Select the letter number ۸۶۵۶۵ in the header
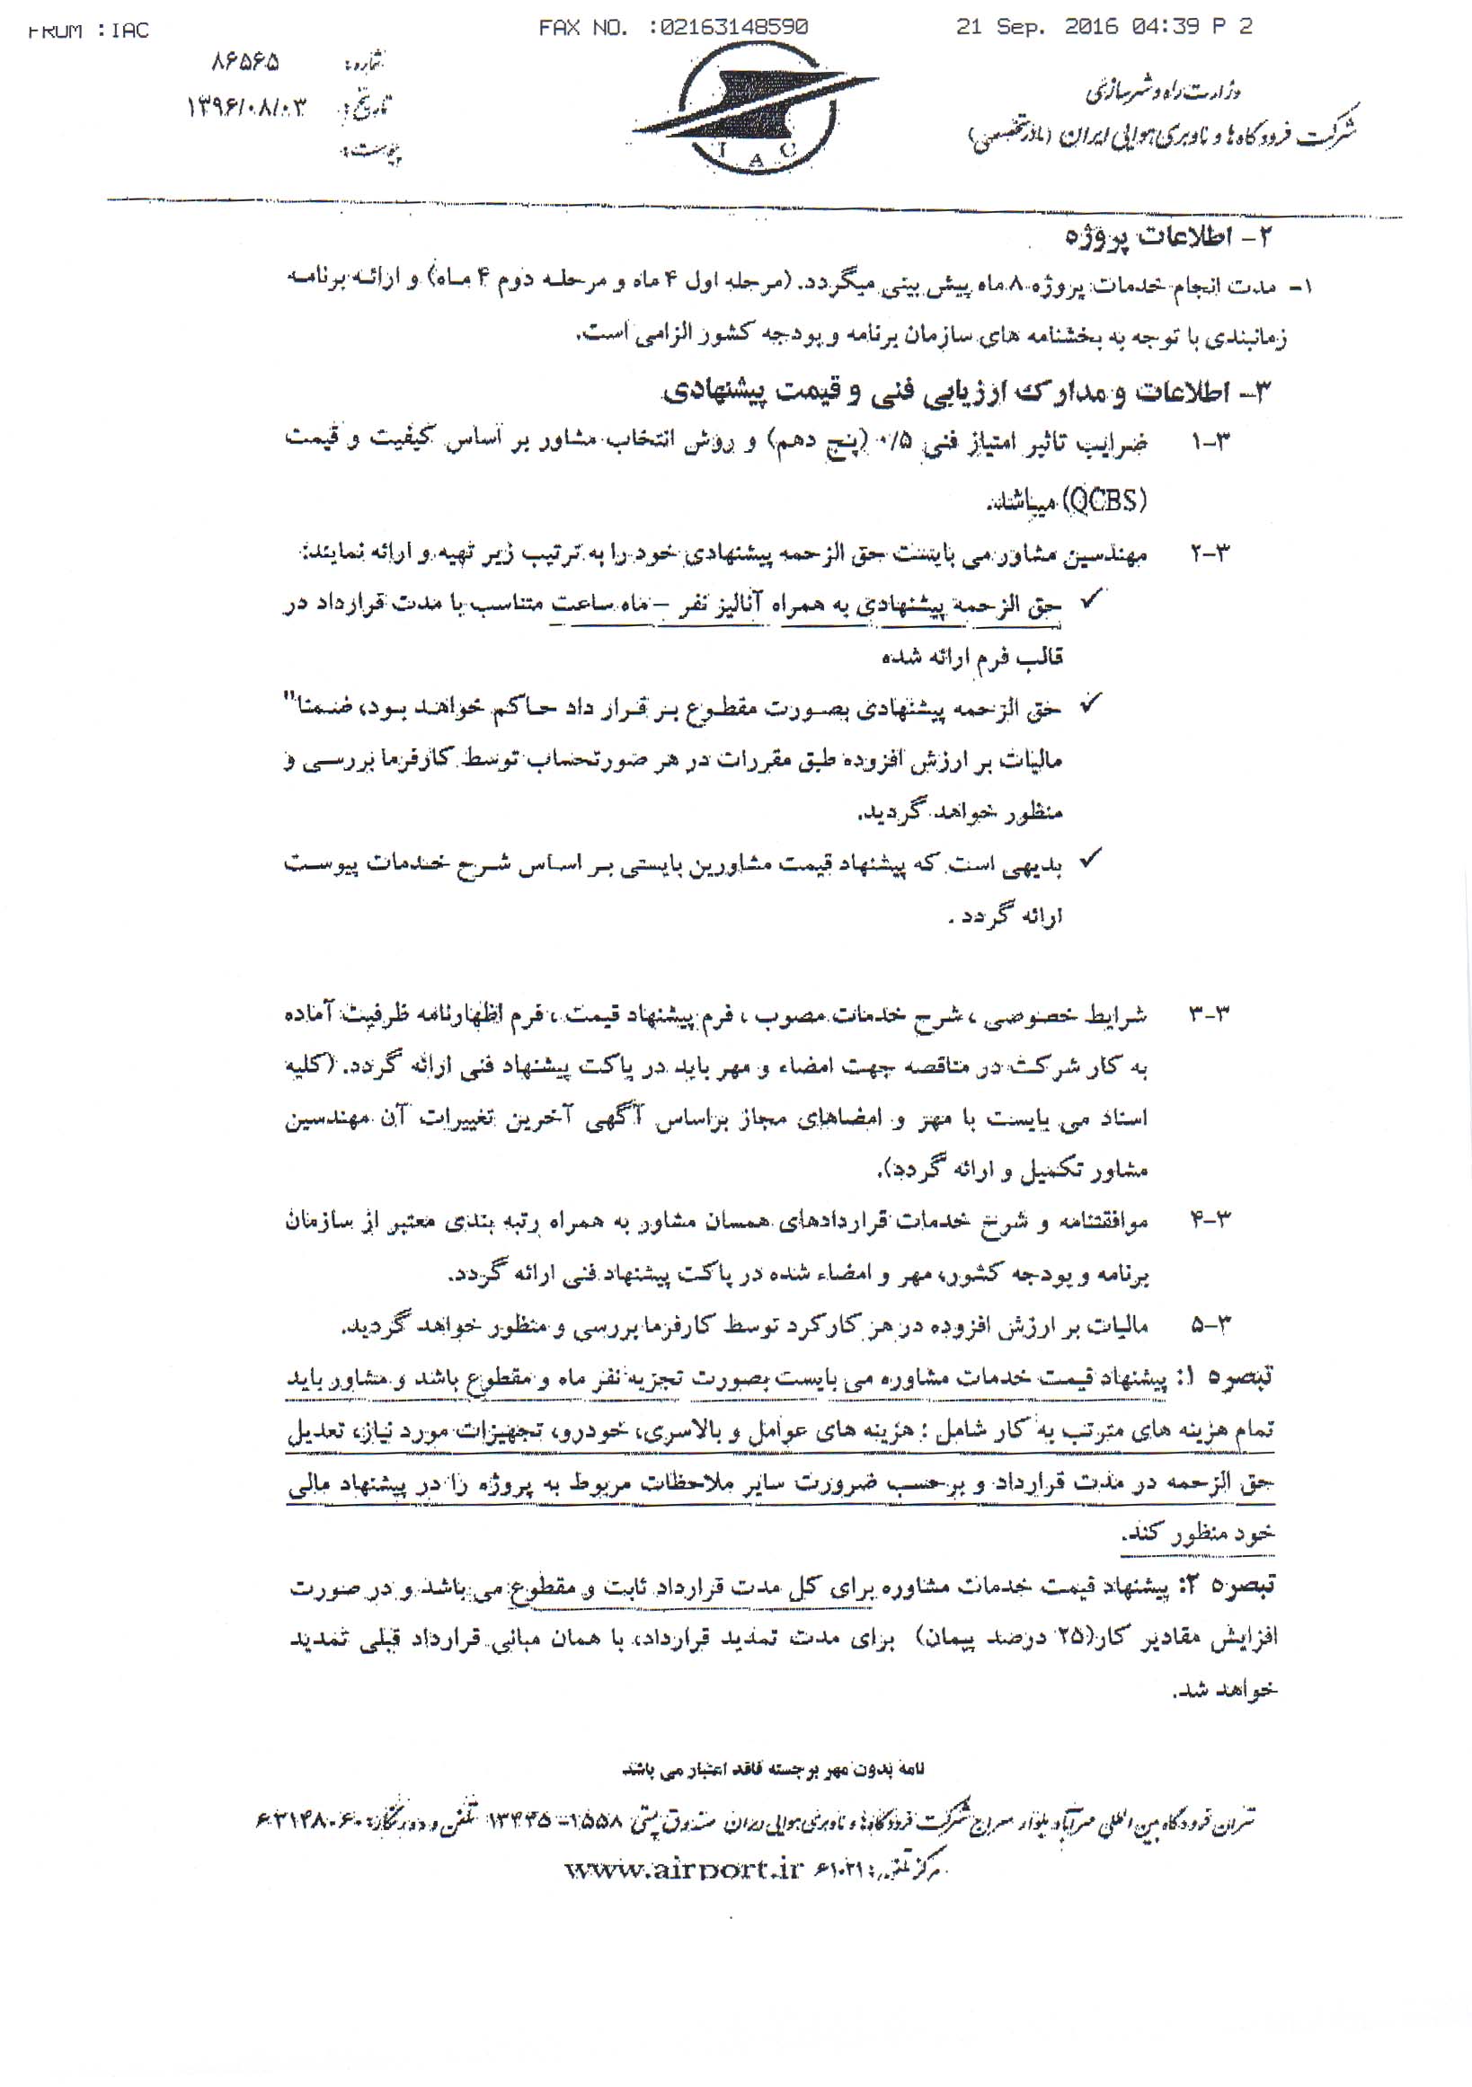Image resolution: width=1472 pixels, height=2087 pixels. pos(245,64)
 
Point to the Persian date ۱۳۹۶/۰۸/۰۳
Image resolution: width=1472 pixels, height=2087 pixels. pos(246,109)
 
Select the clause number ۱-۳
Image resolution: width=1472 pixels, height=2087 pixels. pos(1210,445)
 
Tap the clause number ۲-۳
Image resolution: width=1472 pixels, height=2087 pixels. pos(1210,553)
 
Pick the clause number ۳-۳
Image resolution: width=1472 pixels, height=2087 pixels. pos(1210,1014)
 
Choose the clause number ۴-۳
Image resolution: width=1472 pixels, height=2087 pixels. pos(1210,1220)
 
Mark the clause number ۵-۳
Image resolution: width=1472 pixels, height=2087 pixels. pos(1210,1326)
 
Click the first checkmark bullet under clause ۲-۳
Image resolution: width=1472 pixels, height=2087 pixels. pos(1090,601)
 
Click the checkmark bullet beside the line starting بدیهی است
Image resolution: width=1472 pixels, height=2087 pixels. pos(1090,858)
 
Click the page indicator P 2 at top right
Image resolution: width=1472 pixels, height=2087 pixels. pos(1233,27)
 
